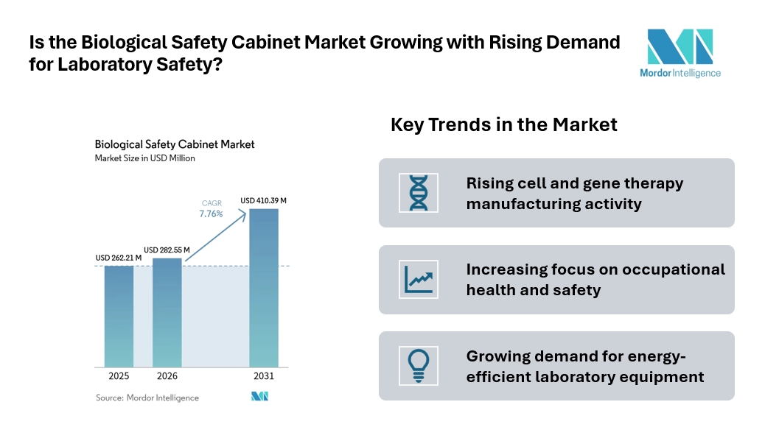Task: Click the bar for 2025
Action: [119, 317]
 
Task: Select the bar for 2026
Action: [167, 313]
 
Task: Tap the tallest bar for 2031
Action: [264, 288]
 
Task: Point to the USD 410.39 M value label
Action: [263, 200]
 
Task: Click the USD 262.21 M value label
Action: [118, 258]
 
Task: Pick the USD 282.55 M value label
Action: [167, 250]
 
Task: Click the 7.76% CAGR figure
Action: [211, 214]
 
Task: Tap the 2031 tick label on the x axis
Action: [264, 376]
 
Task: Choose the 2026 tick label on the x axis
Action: [167, 376]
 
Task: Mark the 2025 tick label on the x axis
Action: [119, 376]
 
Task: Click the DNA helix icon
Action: [419, 193]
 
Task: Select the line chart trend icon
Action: [419, 279]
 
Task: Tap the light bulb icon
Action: [419, 366]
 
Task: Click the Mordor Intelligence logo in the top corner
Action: [680, 53]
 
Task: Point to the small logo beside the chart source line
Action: [260, 396]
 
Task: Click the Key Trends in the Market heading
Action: [504, 124]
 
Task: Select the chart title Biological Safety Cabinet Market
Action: [175, 144]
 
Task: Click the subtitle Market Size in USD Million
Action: [144, 158]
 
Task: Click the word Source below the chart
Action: [109, 398]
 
